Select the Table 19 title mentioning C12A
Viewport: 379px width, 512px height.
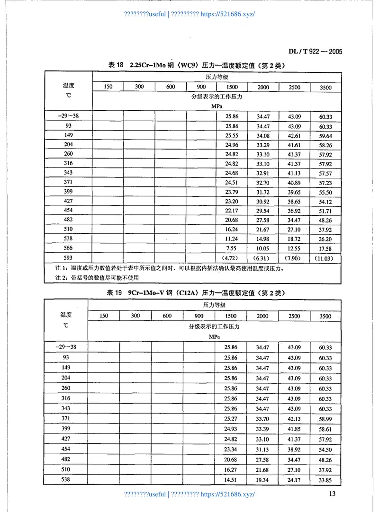coord(196,293)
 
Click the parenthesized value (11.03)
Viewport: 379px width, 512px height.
coord(325,258)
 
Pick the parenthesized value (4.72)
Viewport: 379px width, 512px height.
coord(232,258)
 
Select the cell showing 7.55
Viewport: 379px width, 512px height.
coord(232,249)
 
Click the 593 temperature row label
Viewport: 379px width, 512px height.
coord(68,258)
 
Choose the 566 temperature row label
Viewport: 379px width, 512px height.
coord(68,248)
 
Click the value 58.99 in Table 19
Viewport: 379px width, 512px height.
coord(325,419)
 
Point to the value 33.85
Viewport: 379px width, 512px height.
coord(325,480)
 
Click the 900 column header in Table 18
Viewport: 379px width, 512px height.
coord(201,87)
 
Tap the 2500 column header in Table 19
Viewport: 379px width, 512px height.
coord(294,316)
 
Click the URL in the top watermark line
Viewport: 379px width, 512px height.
coord(228,14)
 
